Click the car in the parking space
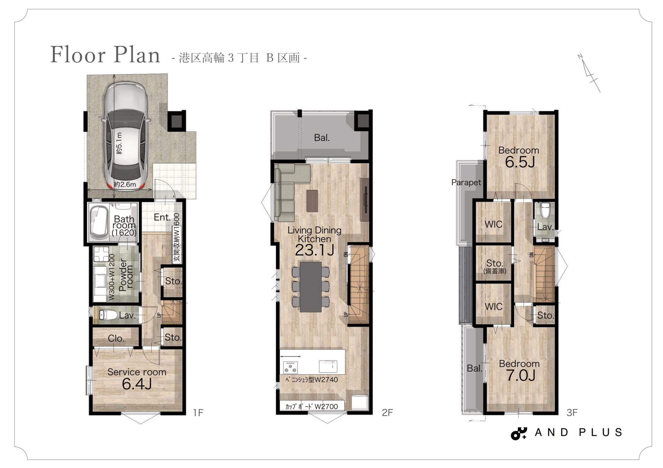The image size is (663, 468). point(126,136)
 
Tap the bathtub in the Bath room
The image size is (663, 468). point(99,222)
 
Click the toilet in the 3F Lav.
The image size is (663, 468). point(545,210)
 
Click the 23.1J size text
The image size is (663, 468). point(314,250)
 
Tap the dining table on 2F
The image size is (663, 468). point(311,287)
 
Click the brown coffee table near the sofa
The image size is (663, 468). point(312,201)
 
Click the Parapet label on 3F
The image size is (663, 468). point(466,182)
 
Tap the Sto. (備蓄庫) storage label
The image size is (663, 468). point(495,267)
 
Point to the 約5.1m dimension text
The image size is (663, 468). point(119,143)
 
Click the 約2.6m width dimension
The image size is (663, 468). point(125,184)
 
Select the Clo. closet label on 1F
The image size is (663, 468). point(116,338)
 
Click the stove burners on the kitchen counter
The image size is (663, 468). point(290,367)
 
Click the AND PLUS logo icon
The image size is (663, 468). point(519,433)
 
